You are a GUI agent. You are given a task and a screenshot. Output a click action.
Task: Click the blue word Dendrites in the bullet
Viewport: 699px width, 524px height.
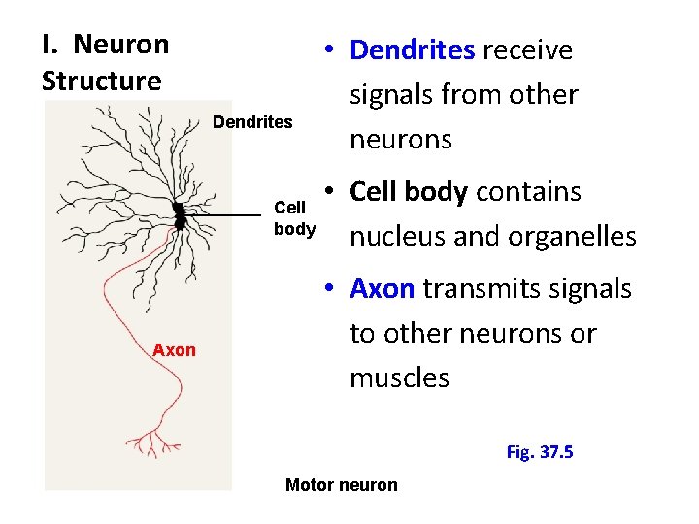pyautogui.click(x=413, y=50)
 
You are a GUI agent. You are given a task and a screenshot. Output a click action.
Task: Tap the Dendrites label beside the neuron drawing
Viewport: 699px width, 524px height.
pyautogui.click(x=252, y=122)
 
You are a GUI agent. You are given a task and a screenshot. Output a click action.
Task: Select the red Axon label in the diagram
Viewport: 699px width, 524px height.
pyautogui.click(x=175, y=350)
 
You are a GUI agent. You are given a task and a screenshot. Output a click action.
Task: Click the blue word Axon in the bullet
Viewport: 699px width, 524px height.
pyautogui.click(x=383, y=289)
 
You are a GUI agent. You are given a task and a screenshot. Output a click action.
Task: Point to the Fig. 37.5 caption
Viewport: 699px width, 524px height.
pyautogui.click(x=540, y=452)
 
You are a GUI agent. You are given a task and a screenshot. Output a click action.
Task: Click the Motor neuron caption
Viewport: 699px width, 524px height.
pyautogui.click(x=342, y=485)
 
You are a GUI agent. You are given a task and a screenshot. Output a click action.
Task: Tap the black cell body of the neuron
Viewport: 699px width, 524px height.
pyautogui.click(x=179, y=216)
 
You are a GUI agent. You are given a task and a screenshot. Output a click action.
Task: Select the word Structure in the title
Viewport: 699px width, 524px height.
pyautogui.click(x=101, y=81)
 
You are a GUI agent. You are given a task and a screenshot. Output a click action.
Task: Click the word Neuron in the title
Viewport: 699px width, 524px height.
pyautogui.click(x=121, y=45)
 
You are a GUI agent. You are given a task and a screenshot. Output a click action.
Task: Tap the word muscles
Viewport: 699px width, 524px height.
pyautogui.click(x=400, y=377)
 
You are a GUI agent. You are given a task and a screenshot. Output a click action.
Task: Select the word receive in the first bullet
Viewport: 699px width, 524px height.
pyautogui.click(x=528, y=50)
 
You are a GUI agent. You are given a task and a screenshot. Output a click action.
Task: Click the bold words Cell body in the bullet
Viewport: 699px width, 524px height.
pyautogui.click(x=409, y=192)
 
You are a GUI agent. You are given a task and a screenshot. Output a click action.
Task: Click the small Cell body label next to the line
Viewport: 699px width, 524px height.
pyautogui.click(x=294, y=218)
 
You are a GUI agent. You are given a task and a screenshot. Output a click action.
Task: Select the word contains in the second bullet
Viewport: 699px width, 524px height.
pyautogui.click(x=528, y=192)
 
